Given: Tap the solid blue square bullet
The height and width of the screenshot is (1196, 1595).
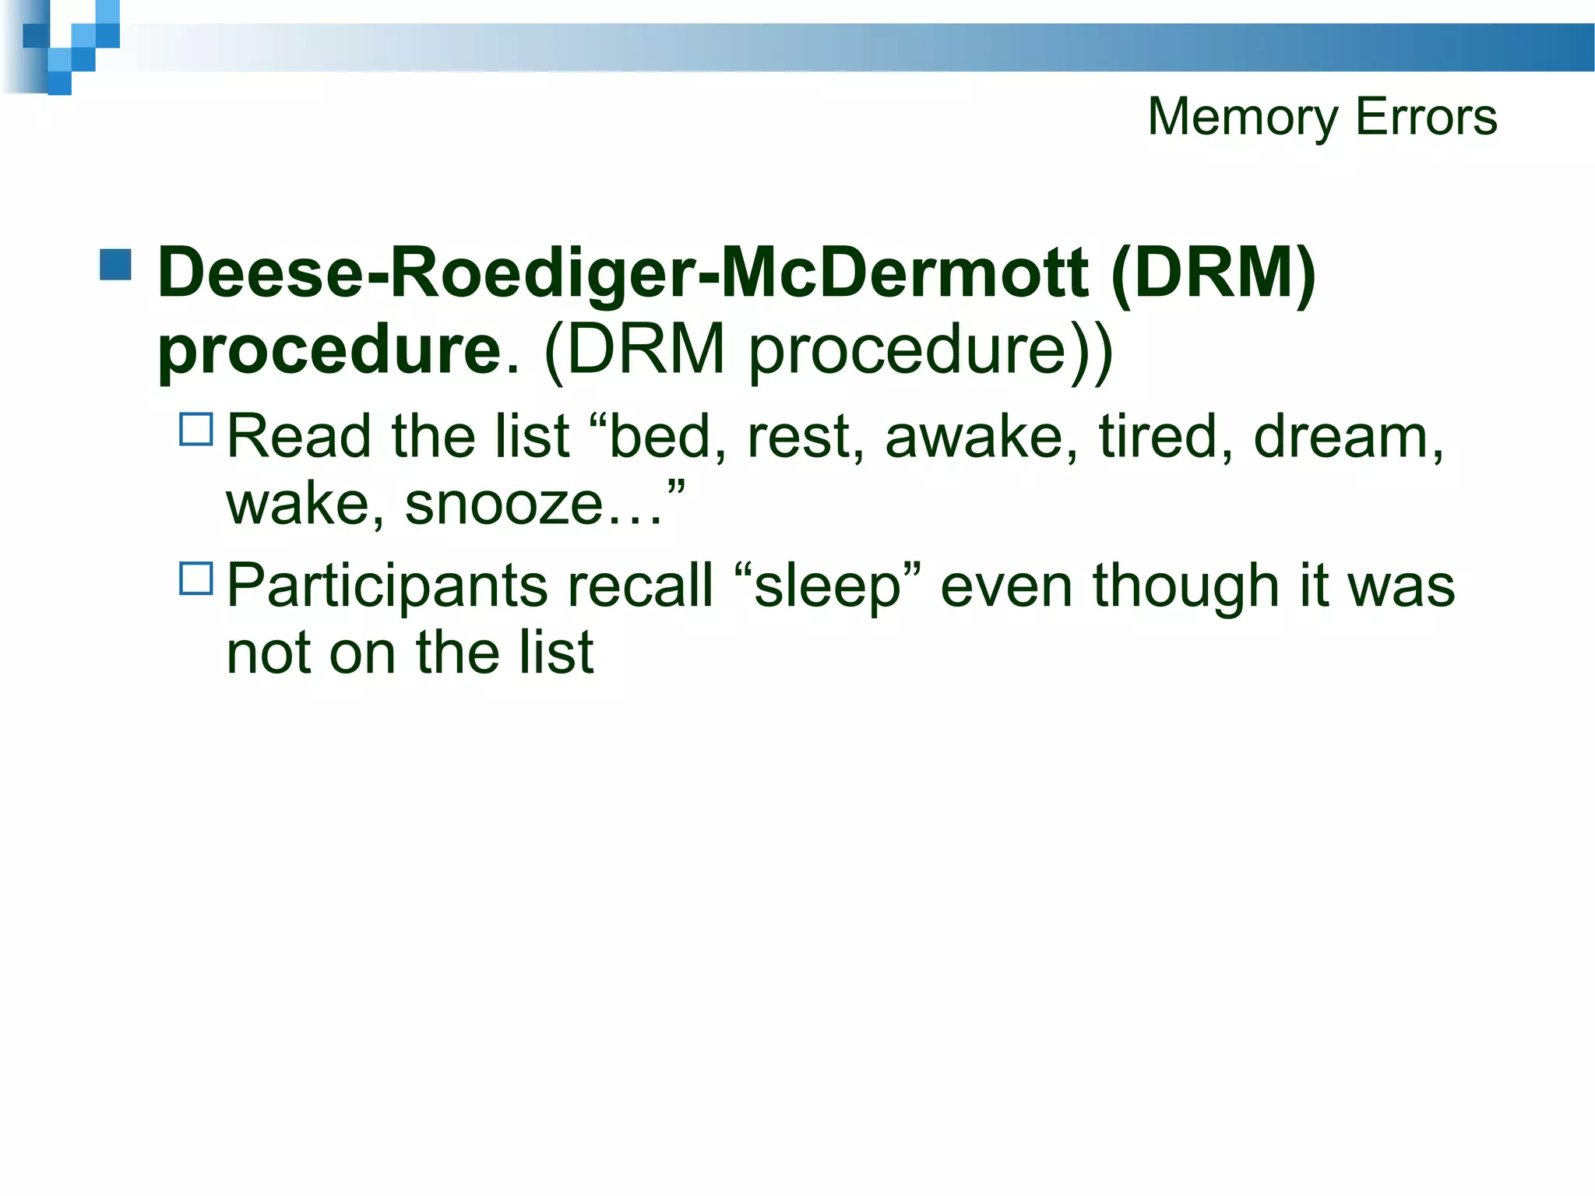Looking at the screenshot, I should (115, 265).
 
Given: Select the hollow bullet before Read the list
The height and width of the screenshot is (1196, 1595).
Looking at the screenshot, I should (196, 429).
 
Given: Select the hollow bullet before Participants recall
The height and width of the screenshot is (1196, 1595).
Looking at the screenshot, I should (196, 579).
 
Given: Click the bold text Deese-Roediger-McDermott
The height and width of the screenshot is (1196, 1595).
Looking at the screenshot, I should (623, 273).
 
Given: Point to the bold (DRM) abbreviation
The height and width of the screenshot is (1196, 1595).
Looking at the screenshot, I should (1213, 273).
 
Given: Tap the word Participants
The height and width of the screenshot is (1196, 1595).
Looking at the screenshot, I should (387, 586).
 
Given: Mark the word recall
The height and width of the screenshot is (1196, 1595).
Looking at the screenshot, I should (639, 586).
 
